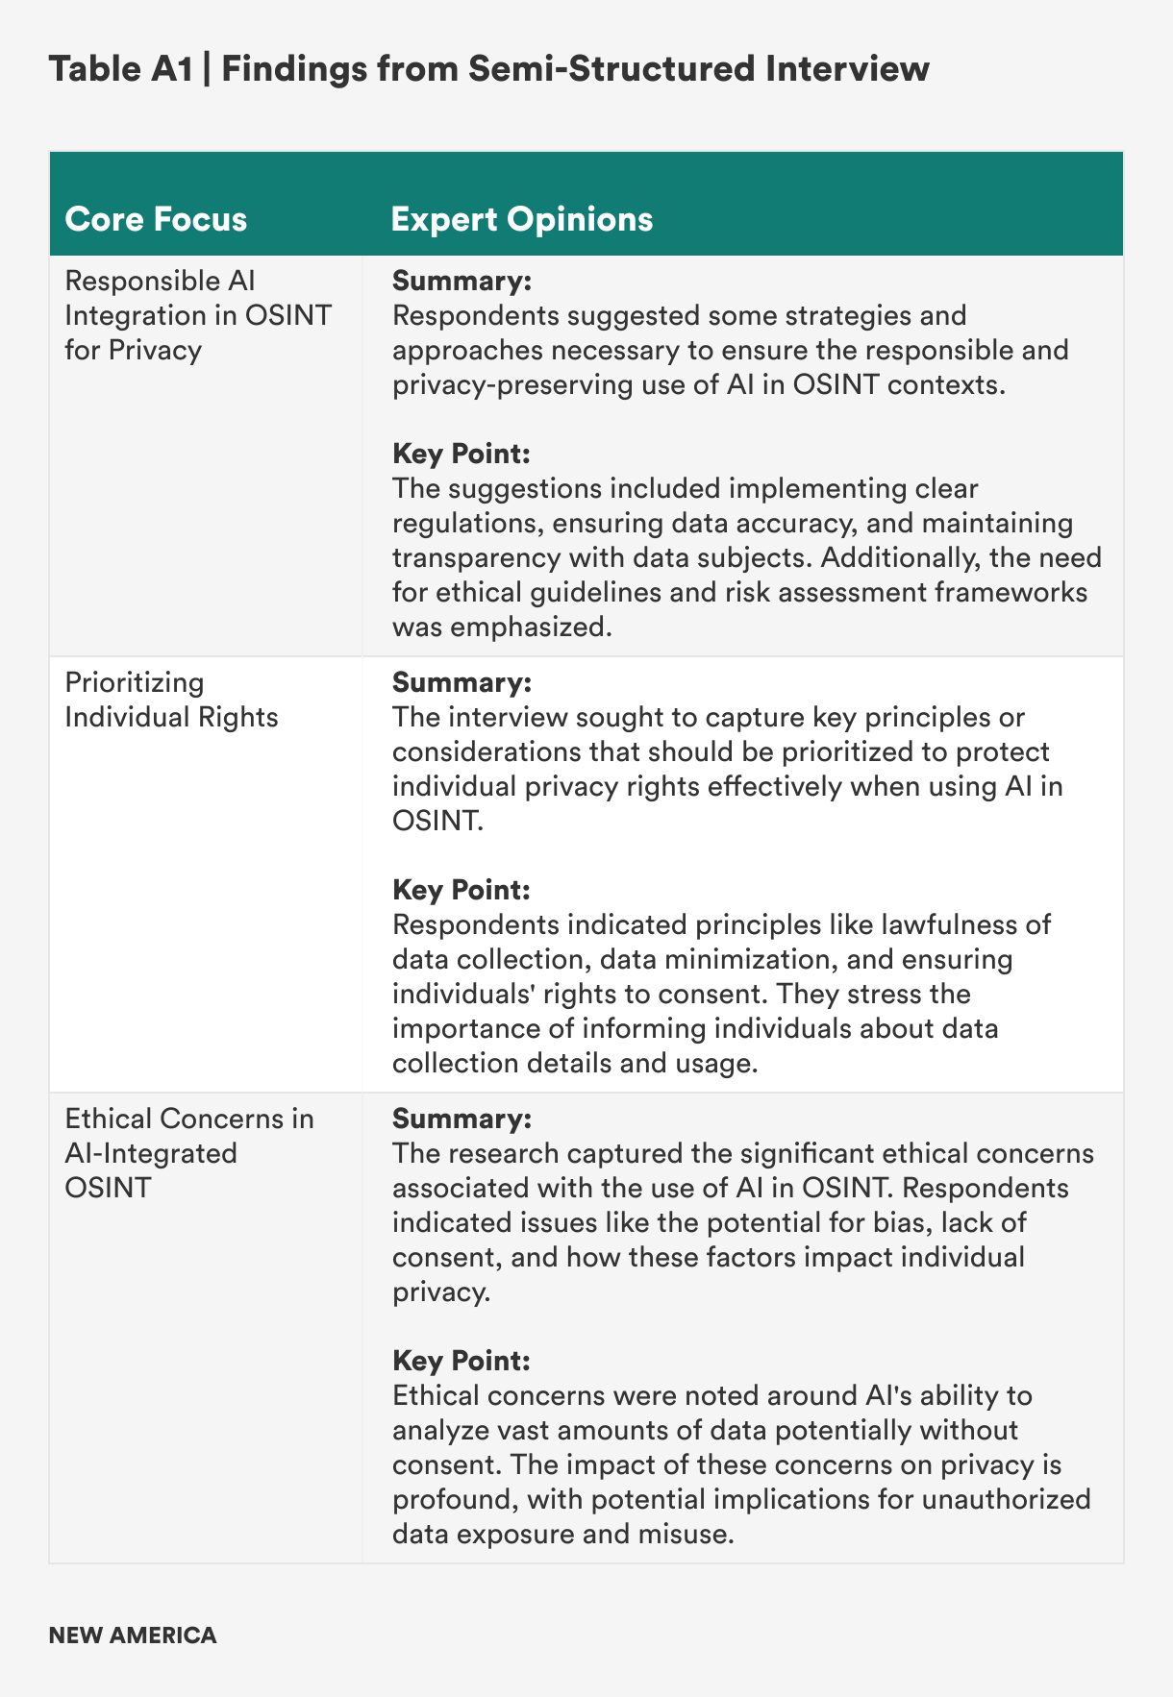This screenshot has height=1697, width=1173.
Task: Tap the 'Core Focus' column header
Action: (156, 219)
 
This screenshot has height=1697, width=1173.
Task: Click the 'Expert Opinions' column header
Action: (522, 219)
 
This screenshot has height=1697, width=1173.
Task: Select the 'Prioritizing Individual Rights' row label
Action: (171, 700)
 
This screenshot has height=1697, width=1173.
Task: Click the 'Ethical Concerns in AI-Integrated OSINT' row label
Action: (189, 1152)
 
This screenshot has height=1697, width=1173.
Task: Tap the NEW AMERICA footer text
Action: (133, 1635)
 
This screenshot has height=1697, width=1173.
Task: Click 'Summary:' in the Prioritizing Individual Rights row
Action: (462, 683)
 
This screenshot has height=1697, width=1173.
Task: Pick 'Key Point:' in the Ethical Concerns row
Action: (462, 1361)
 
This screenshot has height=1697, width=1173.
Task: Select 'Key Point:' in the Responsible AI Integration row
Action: (462, 454)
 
